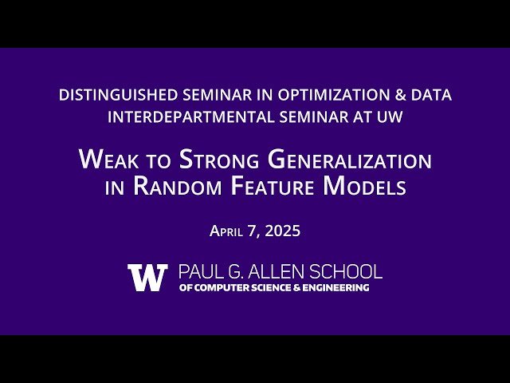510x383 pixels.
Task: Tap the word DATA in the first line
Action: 433,95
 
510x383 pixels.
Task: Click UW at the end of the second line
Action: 389,116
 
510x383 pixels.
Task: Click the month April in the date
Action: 230,231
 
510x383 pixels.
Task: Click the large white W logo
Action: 147,277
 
